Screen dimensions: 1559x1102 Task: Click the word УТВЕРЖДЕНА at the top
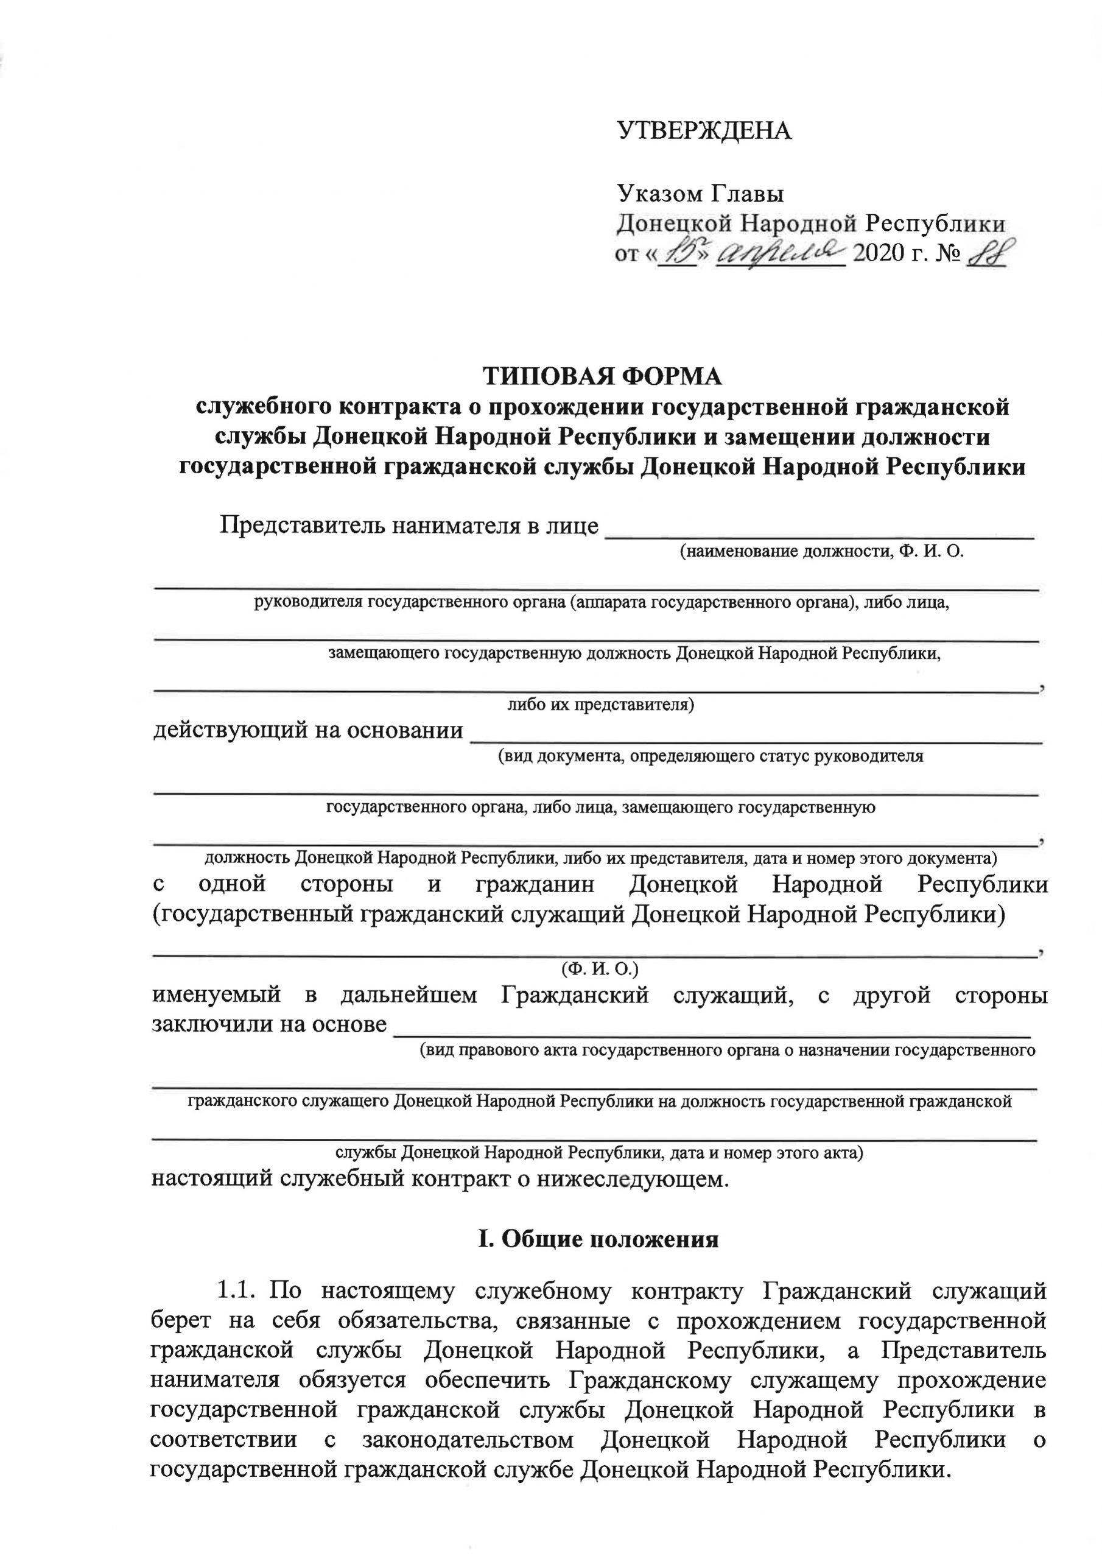(x=704, y=130)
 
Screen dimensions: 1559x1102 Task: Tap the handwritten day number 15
(x=679, y=253)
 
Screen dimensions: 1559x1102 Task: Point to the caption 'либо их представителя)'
(x=601, y=704)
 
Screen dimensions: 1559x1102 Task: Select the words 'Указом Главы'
(x=700, y=194)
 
